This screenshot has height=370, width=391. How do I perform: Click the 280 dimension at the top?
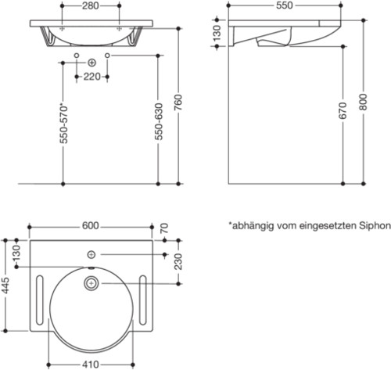click(91, 5)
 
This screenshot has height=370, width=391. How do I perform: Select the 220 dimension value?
click(91, 77)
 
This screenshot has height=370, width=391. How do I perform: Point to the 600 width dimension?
click(91, 225)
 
